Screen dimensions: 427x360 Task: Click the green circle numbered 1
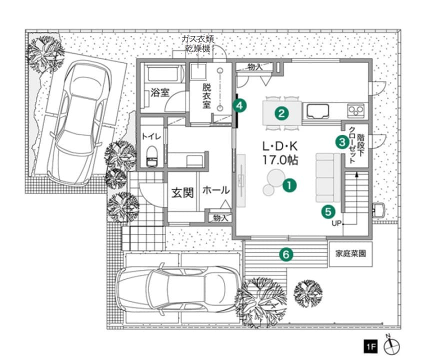pos(289,185)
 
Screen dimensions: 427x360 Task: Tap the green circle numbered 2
pos(281,113)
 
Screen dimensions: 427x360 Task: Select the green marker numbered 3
pos(342,142)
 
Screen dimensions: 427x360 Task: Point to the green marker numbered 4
pos(239,105)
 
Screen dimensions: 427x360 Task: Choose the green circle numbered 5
pos(328,211)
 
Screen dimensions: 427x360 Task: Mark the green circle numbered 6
pos(286,254)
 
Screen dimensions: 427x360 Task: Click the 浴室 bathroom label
pos(160,92)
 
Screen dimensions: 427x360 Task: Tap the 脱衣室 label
pos(206,96)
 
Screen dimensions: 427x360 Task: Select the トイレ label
pos(151,136)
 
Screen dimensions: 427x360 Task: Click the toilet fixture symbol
pos(152,156)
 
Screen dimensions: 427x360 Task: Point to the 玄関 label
pos(182,193)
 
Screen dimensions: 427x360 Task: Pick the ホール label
pos(216,190)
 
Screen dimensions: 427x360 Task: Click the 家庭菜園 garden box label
pos(350,254)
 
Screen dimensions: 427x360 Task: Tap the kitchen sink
pos(318,111)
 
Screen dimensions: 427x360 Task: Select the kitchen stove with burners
pos(356,110)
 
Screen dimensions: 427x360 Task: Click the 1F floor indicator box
pos(371,346)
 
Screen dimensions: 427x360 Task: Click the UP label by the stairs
pos(336,223)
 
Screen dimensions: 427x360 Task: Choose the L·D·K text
pos(280,147)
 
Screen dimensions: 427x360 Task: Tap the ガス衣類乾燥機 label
pos(198,44)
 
